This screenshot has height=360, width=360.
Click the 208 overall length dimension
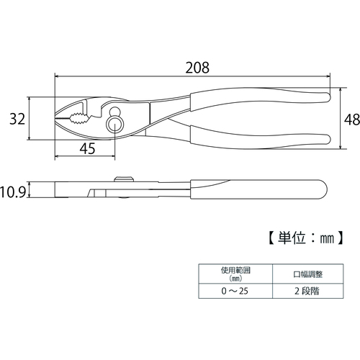[197, 68]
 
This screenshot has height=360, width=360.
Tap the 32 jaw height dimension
[17, 119]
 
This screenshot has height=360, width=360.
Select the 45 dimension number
[88, 149]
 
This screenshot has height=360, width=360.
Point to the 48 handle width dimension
[352, 120]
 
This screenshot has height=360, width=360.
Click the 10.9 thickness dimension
[13, 192]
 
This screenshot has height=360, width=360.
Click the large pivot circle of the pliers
[115, 125]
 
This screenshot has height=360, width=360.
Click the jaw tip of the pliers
[55, 118]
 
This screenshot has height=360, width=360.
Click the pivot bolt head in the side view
[124, 179]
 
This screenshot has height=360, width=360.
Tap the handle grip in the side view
[258, 189]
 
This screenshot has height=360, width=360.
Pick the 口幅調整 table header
[308, 274]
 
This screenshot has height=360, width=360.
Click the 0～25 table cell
[235, 291]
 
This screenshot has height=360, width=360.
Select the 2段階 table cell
[307, 291]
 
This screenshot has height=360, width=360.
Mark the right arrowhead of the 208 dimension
[328, 76]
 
